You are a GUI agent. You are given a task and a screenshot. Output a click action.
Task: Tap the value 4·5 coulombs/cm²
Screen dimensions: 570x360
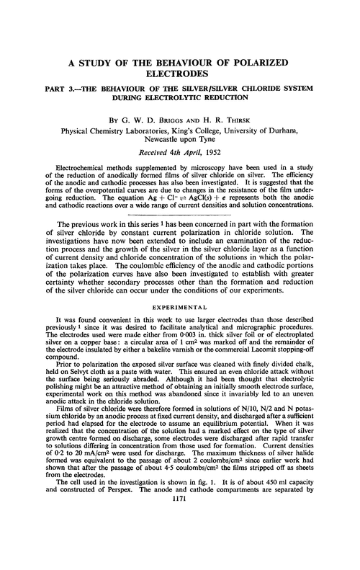coord(196,523)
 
